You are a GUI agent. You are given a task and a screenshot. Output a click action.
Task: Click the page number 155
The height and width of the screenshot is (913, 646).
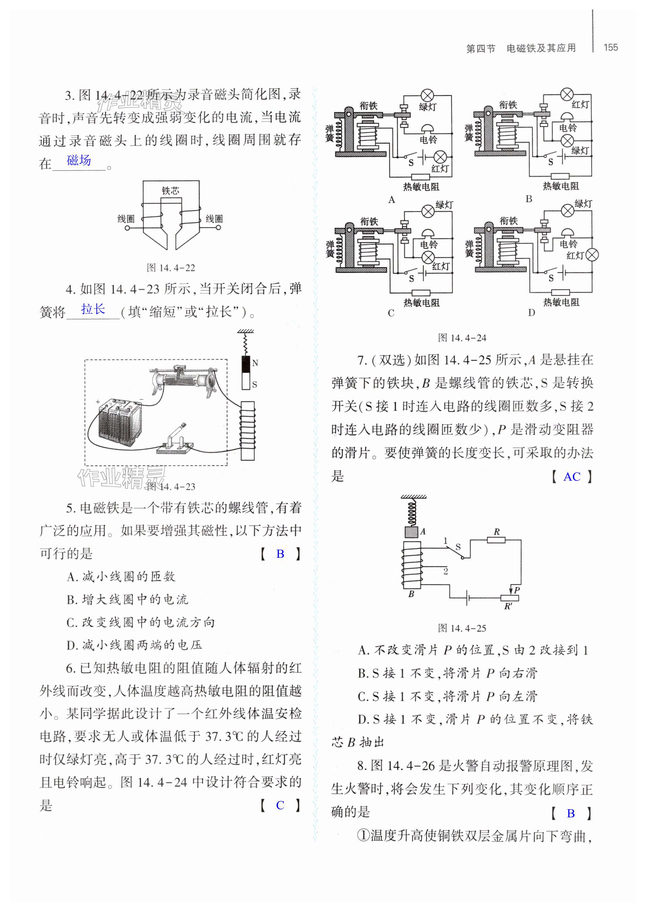tap(610, 47)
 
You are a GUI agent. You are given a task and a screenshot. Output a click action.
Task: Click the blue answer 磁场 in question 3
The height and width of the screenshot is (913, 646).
tap(79, 160)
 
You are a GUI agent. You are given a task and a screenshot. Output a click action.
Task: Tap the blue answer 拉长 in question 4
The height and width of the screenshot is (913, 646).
tap(93, 309)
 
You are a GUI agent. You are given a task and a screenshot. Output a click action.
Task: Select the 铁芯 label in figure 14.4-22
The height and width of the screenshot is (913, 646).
tap(171, 191)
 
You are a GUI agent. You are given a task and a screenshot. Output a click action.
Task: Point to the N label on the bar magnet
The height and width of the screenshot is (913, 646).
tap(255, 363)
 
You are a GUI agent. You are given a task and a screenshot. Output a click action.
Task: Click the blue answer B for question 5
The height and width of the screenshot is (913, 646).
tap(280, 554)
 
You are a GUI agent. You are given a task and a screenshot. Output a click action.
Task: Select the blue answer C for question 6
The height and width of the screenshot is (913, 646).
tap(280, 806)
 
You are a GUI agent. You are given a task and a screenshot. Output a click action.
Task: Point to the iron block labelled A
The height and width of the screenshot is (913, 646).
tap(411, 532)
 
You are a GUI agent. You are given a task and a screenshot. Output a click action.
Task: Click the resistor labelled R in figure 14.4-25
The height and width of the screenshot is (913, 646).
tap(496, 540)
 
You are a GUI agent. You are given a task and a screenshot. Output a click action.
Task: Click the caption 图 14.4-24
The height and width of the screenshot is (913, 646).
tap(462, 338)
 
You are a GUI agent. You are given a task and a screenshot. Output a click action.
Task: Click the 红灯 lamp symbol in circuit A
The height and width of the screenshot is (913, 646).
tap(440, 157)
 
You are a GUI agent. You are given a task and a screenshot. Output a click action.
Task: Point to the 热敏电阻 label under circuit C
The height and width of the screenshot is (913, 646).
tap(421, 303)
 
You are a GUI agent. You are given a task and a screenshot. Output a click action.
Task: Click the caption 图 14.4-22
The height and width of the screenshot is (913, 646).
tap(171, 268)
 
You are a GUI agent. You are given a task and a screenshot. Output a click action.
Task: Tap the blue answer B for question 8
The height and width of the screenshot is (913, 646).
tap(571, 814)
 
